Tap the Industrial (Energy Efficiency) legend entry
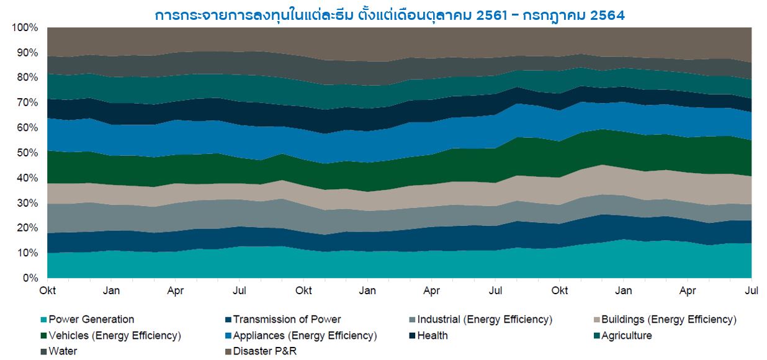[484, 320]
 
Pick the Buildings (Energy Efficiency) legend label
[668, 320]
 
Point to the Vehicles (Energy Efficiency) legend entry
[114, 336]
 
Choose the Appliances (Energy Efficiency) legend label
[304, 336]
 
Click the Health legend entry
[433, 336]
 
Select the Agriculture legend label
[626, 336]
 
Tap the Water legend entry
[63, 352]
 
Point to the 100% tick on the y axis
[25, 28]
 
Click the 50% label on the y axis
[27, 153]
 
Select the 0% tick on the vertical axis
[30, 278]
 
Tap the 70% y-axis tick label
[27, 103]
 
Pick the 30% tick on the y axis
[27, 203]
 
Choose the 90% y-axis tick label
[27, 53]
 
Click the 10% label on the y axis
[27, 253]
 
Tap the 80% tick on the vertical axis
[27, 78]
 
